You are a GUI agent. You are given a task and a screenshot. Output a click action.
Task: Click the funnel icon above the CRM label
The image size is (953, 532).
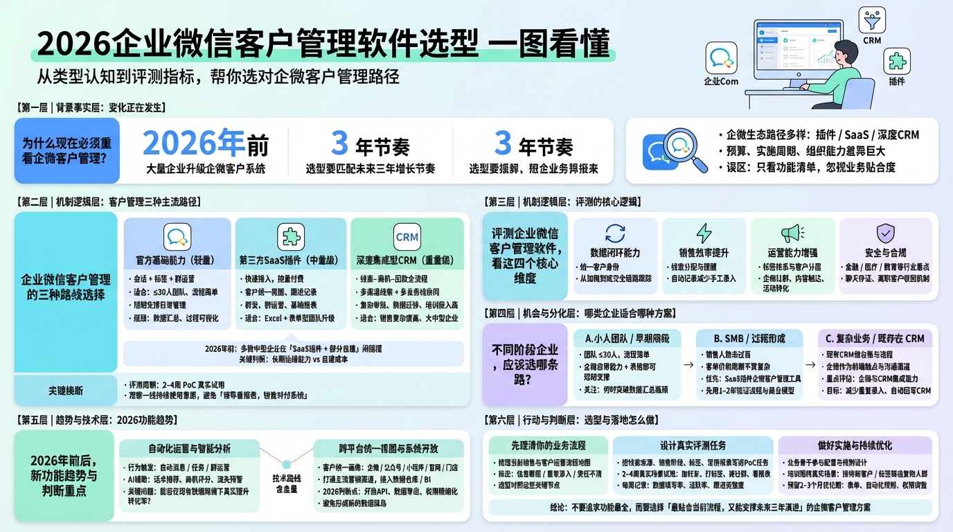(x=872, y=19)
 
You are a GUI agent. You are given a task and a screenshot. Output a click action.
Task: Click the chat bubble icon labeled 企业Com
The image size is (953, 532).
(x=721, y=57)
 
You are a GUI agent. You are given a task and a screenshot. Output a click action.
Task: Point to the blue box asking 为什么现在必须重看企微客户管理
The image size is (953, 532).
(x=66, y=150)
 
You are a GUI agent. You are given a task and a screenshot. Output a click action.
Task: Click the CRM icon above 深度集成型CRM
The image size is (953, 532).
(x=407, y=237)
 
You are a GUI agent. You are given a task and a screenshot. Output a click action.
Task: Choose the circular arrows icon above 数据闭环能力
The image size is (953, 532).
(x=615, y=233)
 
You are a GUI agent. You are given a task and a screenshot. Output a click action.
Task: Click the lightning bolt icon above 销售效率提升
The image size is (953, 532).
(x=704, y=233)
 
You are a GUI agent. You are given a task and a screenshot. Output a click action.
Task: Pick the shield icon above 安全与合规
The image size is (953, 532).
(x=885, y=233)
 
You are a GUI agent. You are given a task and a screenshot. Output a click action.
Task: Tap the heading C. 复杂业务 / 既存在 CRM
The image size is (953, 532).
(x=875, y=339)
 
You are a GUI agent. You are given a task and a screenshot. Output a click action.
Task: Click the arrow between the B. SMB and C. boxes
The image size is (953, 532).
(x=809, y=363)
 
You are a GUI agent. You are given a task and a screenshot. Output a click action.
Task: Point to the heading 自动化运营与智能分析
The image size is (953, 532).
(x=189, y=447)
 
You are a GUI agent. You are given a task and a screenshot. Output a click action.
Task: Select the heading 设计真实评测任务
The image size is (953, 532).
(x=693, y=445)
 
